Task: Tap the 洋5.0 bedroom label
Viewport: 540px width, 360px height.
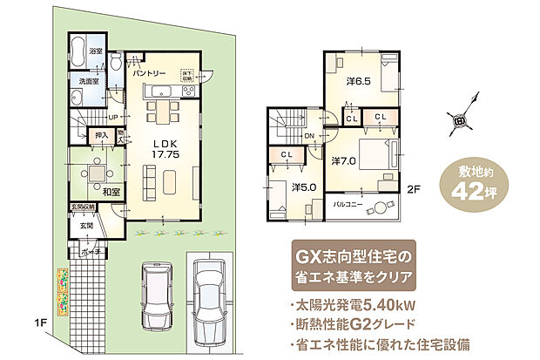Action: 304,187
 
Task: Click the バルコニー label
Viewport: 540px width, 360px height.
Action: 349,207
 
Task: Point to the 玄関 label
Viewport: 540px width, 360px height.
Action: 87,226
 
